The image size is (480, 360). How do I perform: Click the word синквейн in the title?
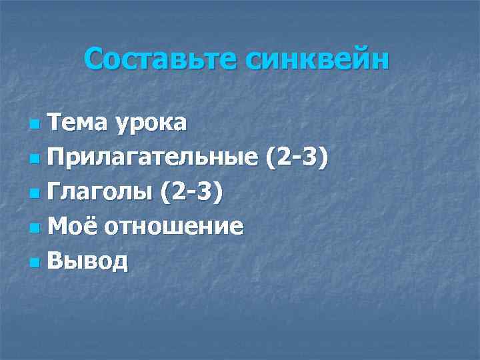click(317, 60)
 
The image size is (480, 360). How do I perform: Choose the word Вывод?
click(88, 261)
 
